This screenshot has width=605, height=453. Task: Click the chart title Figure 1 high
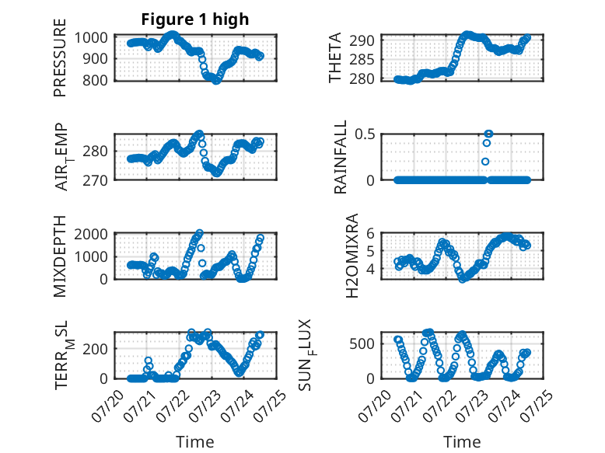(195, 19)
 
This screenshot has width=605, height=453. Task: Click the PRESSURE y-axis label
(60, 57)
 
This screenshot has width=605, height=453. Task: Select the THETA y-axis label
(335, 57)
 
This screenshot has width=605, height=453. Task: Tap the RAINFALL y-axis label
(341, 157)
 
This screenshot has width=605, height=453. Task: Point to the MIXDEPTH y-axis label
(60, 256)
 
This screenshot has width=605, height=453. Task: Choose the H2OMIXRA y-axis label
(352, 256)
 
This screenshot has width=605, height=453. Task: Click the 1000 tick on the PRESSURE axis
(91, 38)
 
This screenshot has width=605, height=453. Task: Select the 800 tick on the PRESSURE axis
(95, 80)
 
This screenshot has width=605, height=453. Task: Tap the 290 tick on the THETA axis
(362, 40)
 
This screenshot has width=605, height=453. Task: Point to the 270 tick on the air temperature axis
(95, 180)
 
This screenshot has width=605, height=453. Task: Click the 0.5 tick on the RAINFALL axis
(365, 134)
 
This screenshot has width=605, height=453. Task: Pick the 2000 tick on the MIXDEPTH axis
(91, 234)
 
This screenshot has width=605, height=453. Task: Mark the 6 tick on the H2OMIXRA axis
(370, 233)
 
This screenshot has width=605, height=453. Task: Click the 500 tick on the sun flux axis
(362, 343)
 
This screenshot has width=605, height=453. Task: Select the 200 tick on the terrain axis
(95, 349)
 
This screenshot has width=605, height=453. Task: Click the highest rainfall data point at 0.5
(488, 134)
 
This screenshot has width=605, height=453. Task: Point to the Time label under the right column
(462, 441)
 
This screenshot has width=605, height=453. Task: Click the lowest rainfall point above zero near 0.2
(485, 162)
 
